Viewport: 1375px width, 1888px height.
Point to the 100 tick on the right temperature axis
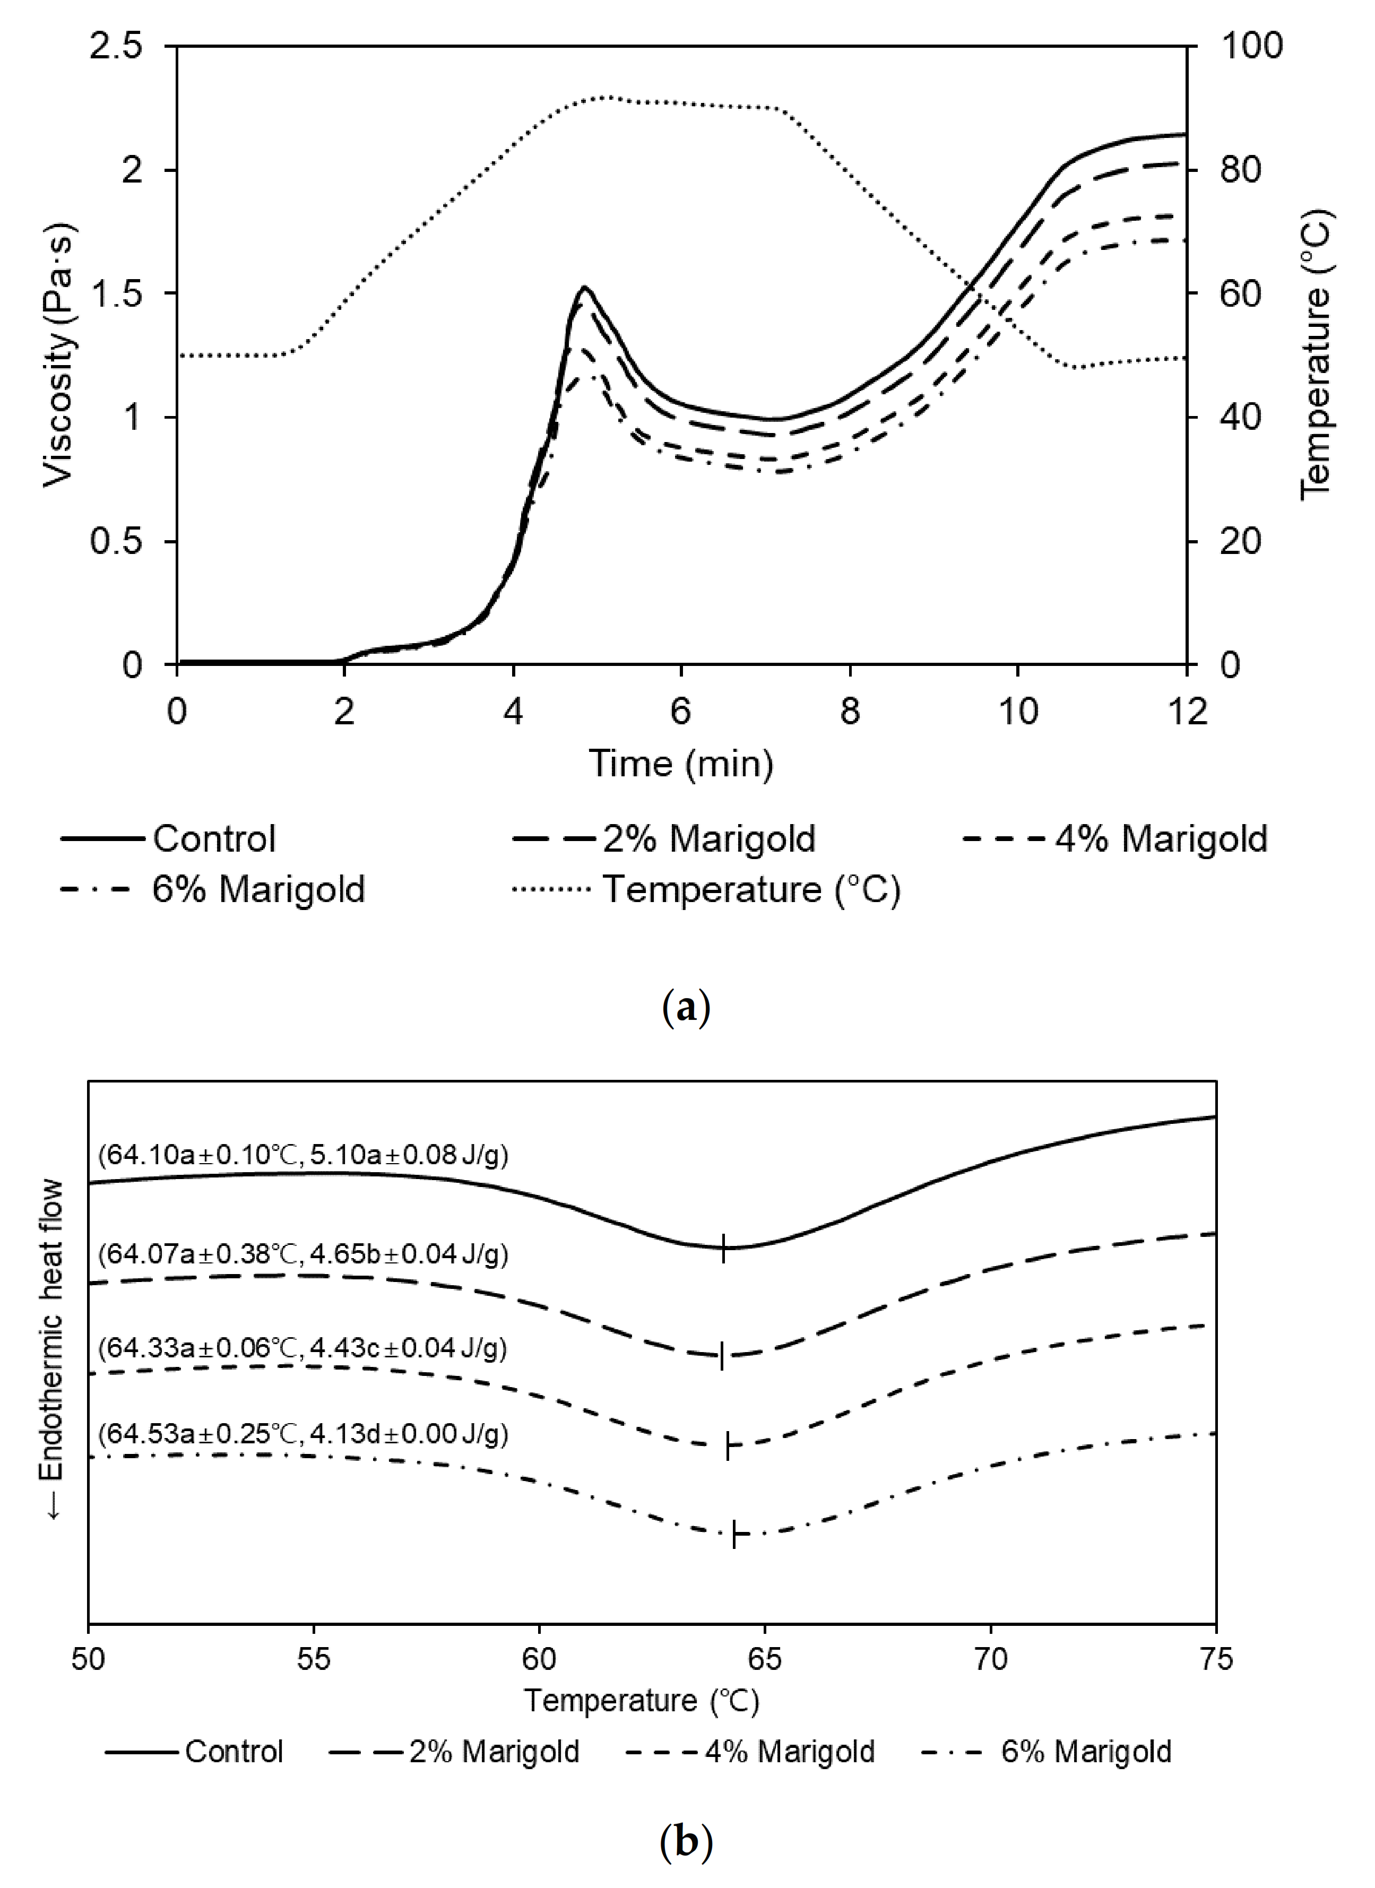tap(1251, 46)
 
